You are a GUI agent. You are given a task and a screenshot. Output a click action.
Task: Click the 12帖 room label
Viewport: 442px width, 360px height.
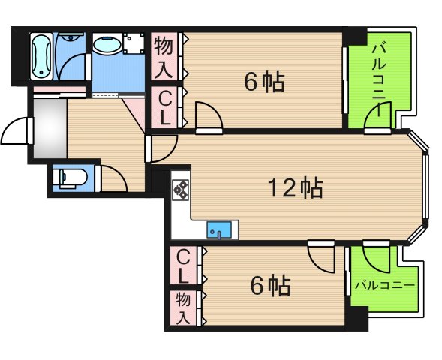click(296, 187)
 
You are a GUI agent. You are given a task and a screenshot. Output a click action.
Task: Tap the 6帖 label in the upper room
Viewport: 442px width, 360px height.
click(264, 81)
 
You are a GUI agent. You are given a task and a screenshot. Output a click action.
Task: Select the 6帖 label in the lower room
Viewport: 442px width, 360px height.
click(269, 285)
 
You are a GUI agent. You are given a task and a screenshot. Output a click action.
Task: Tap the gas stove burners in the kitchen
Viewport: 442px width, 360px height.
click(180, 191)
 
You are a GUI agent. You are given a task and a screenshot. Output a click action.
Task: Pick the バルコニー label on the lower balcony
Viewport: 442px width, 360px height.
click(384, 285)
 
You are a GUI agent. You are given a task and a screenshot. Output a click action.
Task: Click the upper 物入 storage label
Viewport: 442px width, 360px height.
click(165, 57)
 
